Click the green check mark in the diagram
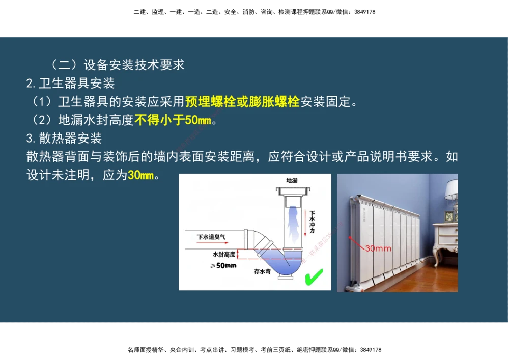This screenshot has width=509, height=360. pos(314,278)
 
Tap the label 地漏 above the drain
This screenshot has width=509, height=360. pos(292,181)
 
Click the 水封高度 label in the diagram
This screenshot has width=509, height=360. pos(224,254)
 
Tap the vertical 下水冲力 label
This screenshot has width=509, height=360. pos(312,223)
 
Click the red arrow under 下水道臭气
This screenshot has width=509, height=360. pos(213,245)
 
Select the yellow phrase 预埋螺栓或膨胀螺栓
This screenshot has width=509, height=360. pos(242,101)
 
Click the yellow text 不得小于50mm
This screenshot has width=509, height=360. pos(173,120)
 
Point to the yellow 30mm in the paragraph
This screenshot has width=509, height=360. pos(140,176)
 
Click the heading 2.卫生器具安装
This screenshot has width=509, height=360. pos(71,83)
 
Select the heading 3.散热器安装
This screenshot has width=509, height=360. pos(65,138)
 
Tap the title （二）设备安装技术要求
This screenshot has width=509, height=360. pos(118,65)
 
